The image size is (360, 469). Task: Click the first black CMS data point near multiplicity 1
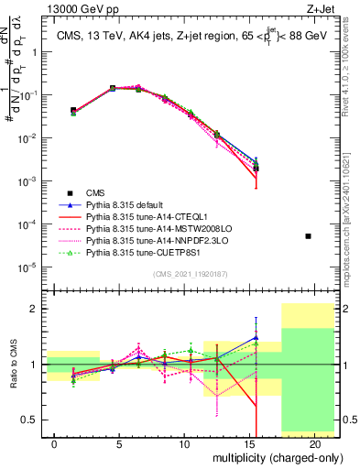point(73,110)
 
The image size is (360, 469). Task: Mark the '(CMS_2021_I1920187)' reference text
point(195,273)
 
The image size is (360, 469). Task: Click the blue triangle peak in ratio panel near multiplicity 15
point(256,337)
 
